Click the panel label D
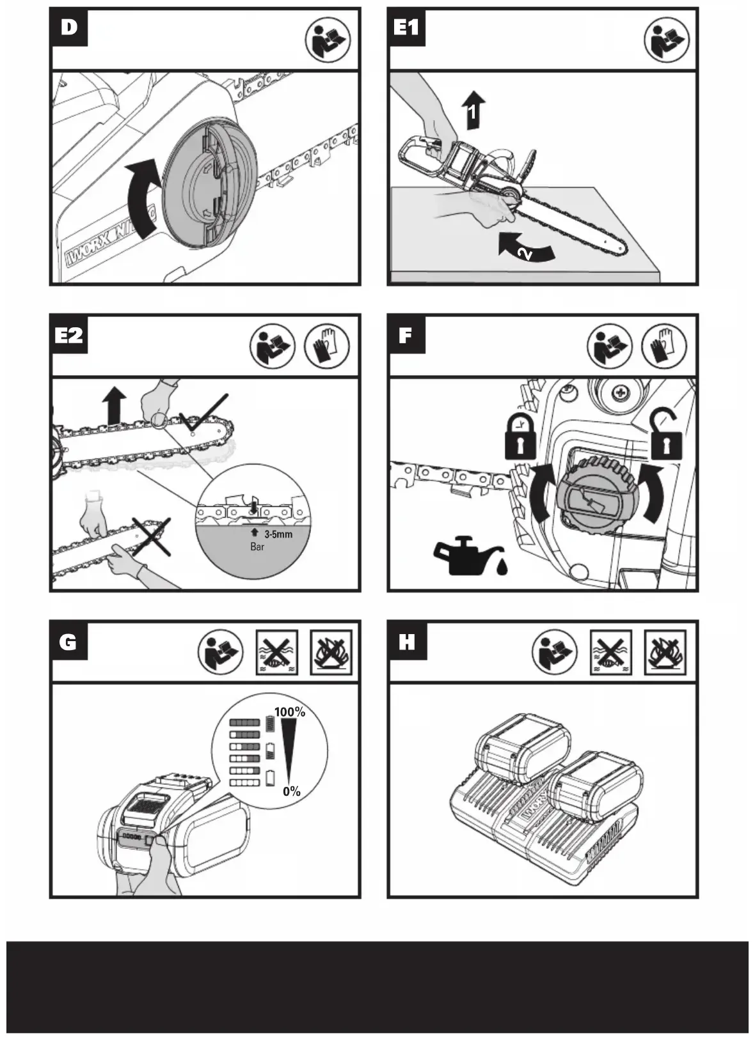pos(69,27)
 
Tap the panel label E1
pos(407,27)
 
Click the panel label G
pos(68,642)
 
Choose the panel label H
pos(407,642)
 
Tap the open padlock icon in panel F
pos(666,437)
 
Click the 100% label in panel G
pos(290,712)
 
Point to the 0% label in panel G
pos(292,791)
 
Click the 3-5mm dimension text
pos(278,534)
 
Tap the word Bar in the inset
pos(257,547)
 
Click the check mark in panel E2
pos(203,414)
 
